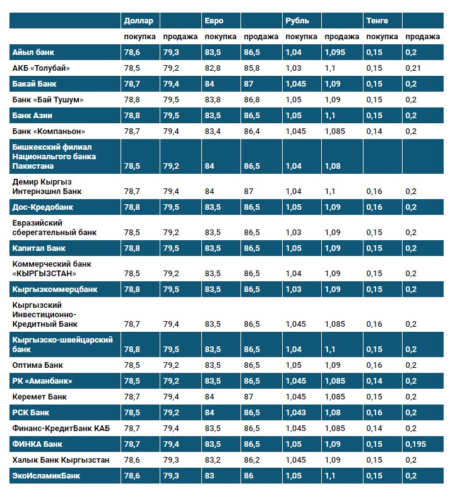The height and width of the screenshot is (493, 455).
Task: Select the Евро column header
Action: pyautogui.click(x=213, y=21)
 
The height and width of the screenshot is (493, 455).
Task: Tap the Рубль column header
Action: pyautogui.click(x=297, y=21)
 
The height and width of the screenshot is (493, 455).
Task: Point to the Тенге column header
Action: pyautogui.click(x=377, y=21)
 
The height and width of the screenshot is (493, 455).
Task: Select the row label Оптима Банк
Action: pyautogui.click(x=37, y=365)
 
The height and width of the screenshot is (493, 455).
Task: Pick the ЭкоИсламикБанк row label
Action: pyautogui.click(x=46, y=475)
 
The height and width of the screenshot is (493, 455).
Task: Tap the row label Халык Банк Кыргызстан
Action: pyautogui.click(x=61, y=460)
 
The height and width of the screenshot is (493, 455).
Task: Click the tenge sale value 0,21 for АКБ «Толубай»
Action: pyautogui.click(x=413, y=68)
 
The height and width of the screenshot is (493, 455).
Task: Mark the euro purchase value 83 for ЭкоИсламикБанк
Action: pyautogui.click(x=210, y=475)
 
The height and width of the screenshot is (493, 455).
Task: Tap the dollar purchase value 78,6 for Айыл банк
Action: pyautogui.click(x=132, y=52)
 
